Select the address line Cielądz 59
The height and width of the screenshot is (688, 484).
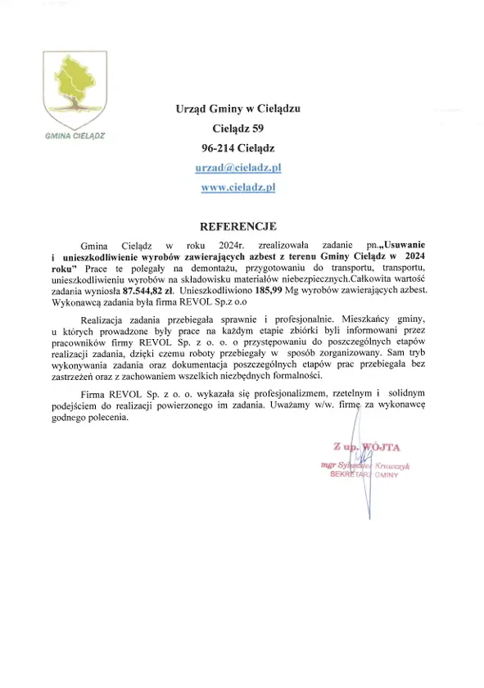(x=237, y=129)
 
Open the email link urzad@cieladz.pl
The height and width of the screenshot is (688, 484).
(x=237, y=167)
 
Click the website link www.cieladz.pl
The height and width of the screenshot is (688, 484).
(x=237, y=187)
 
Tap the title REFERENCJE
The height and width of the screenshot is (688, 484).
(x=238, y=225)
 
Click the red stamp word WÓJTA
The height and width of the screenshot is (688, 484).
(x=378, y=447)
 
